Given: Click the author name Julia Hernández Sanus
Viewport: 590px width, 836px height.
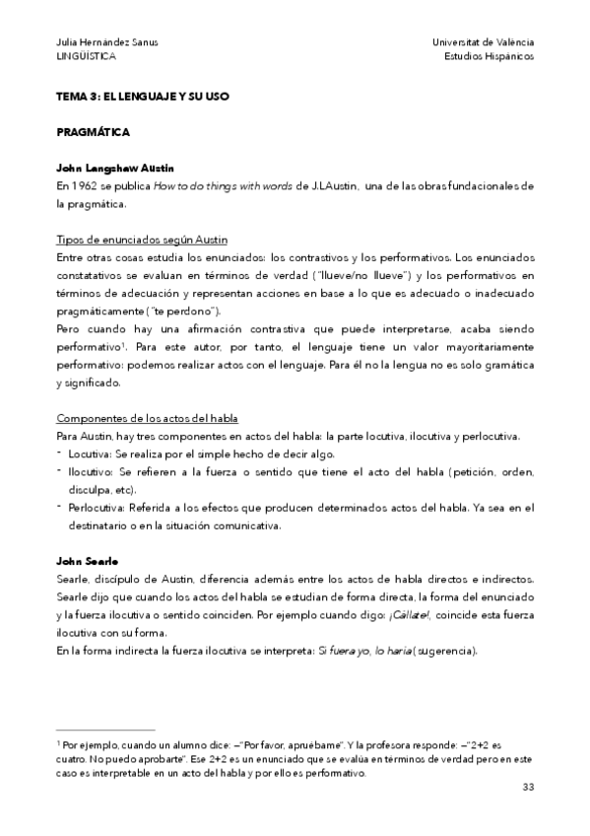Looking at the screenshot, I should [x=107, y=42].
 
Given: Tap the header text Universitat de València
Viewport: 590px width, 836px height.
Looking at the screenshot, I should [x=483, y=42].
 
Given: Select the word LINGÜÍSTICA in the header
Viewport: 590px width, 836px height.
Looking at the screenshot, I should [x=87, y=57].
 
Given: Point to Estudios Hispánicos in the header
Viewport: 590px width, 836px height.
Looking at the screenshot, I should [x=490, y=57].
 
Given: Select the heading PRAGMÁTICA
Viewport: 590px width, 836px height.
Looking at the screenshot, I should [x=94, y=131].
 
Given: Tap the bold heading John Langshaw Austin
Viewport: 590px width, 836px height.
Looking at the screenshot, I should [x=116, y=169].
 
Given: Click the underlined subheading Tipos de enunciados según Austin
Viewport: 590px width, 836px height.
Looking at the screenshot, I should [x=142, y=241].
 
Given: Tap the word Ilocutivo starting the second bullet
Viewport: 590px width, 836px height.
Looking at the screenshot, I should [x=90, y=472].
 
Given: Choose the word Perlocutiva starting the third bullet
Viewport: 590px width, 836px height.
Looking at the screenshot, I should [x=96, y=508].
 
